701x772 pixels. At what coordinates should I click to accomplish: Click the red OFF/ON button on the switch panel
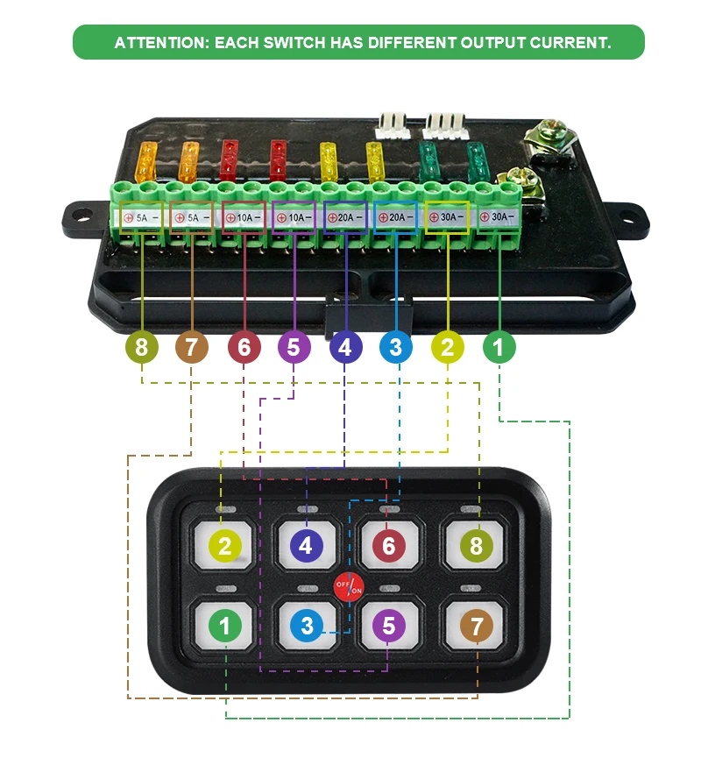tap(349, 585)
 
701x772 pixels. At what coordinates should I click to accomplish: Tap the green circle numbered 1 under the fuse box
tap(499, 348)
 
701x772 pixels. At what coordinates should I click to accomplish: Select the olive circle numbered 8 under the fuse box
tap(141, 348)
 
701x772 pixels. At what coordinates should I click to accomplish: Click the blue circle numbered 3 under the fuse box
tap(396, 348)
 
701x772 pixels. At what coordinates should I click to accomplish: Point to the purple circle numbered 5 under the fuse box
tap(294, 348)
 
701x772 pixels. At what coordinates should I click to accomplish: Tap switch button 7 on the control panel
tap(477, 627)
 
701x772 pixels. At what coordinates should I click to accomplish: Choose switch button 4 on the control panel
tap(305, 546)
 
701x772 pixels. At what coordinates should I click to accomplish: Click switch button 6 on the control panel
tap(388, 546)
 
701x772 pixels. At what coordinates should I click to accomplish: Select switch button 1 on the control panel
tap(225, 627)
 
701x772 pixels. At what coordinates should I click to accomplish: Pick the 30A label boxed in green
tap(499, 216)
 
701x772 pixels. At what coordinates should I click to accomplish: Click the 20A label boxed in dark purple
tap(345, 216)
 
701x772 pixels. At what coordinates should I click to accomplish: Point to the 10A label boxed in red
tap(244, 216)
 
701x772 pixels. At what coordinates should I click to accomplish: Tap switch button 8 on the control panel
tap(476, 546)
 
